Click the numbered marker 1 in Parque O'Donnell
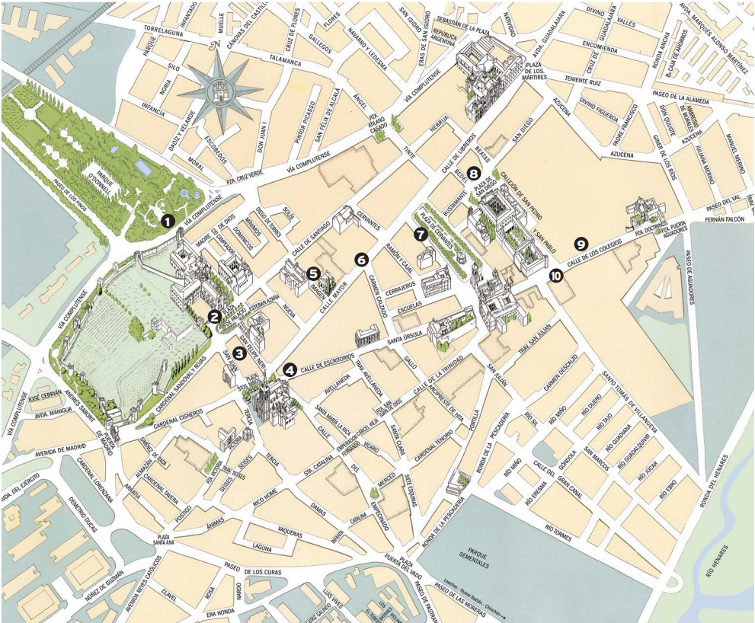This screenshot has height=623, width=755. (x=167, y=221)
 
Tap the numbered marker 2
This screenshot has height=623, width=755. (x=215, y=316)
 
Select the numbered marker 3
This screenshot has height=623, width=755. (x=239, y=353)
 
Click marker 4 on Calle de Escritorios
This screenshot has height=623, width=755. (x=290, y=370)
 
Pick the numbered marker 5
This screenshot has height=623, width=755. (x=312, y=271)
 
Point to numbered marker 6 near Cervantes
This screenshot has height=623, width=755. (x=361, y=259)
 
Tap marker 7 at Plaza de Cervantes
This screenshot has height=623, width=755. (x=420, y=234)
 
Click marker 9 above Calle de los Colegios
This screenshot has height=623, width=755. (x=581, y=244)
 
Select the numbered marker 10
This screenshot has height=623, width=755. (x=555, y=276)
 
